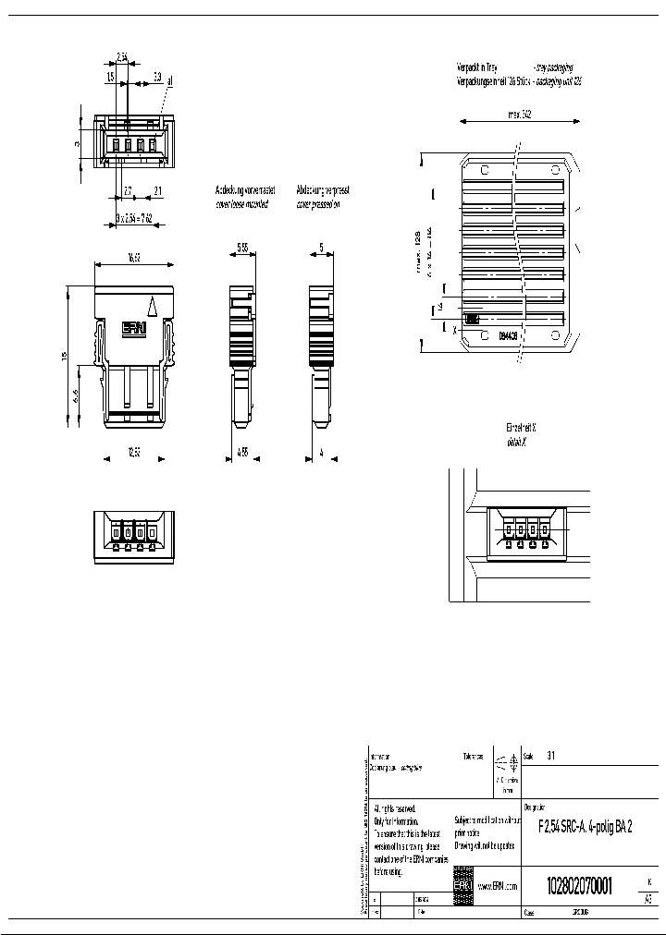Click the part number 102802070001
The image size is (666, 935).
[566, 882]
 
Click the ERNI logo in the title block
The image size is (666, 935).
[462, 884]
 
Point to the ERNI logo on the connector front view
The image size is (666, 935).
[136, 328]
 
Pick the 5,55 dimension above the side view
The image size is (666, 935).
[242, 248]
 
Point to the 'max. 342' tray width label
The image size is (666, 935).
[519, 115]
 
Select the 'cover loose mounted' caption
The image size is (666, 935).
[241, 203]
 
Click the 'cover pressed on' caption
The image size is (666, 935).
[318, 203]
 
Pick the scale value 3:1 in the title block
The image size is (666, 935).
[551, 755]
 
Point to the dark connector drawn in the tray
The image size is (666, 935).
[471, 318]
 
